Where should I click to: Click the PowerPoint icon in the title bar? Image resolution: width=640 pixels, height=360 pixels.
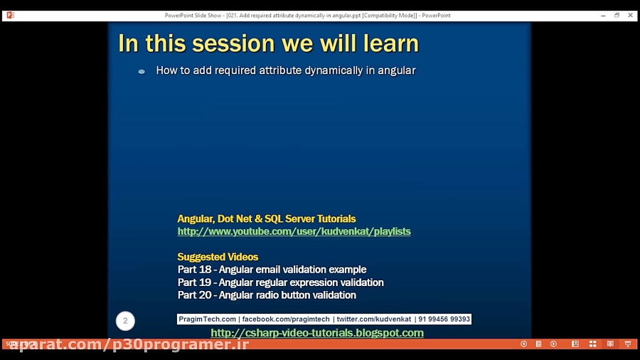click(x=10, y=15)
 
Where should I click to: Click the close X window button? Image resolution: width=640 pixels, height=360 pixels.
click(x=630, y=15)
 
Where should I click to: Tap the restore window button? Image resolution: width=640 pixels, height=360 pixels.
click(x=617, y=15)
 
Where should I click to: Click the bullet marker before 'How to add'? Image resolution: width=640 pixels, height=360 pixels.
click(x=142, y=71)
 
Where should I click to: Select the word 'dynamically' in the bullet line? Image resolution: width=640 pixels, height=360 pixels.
click(x=334, y=70)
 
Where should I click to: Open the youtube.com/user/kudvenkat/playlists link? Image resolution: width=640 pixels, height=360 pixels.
click(x=294, y=231)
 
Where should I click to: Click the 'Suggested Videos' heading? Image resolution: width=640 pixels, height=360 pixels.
click(x=218, y=257)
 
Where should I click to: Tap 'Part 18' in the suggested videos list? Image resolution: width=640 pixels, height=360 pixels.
click(x=194, y=270)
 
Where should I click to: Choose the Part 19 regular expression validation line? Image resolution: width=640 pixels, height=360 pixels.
click(x=280, y=282)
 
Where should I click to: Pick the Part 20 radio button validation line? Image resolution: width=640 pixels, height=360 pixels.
click(x=267, y=295)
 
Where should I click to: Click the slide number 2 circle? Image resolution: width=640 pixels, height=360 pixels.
click(x=125, y=321)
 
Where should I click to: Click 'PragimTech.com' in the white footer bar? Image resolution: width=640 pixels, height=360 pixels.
click(x=208, y=319)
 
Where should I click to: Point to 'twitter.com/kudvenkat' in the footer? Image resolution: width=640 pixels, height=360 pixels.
click(x=373, y=319)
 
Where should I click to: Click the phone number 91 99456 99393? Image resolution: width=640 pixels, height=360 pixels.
click(x=444, y=319)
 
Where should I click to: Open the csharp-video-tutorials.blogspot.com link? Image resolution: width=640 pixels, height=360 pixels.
click(x=317, y=333)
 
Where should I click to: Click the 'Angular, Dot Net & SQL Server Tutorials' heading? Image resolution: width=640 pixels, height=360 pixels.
click(x=267, y=219)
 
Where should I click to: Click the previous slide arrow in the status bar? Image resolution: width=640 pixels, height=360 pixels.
click(x=523, y=344)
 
